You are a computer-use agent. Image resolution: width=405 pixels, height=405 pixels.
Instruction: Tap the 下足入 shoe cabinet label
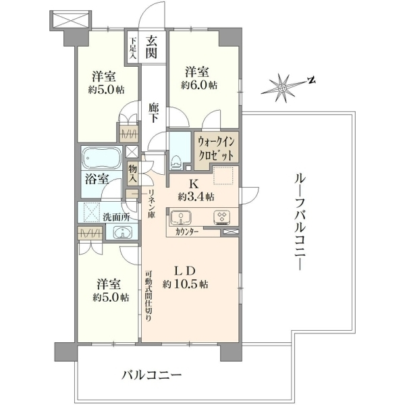[x=133, y=49]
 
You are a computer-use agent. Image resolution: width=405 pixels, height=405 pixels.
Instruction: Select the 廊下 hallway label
[x=153, y=113]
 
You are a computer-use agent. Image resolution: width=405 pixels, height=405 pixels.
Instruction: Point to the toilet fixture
[x=175, y=162]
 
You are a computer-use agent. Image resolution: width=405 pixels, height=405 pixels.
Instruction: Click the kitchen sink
[x=181, y=217]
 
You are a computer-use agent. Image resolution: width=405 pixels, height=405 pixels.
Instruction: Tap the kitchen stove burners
[x=221, y=217]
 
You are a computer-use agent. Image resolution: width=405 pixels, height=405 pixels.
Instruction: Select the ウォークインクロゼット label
[x=216, y=148]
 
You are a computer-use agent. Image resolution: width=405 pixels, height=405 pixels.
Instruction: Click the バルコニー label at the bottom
[x=152, y=375]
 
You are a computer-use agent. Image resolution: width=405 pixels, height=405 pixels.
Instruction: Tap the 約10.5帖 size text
[x=185, y=284]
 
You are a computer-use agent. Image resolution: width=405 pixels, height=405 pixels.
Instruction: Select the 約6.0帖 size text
[x=199, y=85]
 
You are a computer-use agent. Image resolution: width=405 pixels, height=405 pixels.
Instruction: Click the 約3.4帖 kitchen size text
[x=196, y=197]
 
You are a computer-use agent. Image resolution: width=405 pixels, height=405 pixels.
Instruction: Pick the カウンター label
[x=187, y=232]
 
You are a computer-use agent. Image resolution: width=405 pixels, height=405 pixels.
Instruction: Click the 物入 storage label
[x=133, y=174]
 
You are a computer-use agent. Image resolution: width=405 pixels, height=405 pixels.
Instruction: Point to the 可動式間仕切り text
[x=148, y=296]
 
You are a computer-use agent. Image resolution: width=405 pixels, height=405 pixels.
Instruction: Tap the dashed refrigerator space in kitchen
[x=223, y=176]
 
